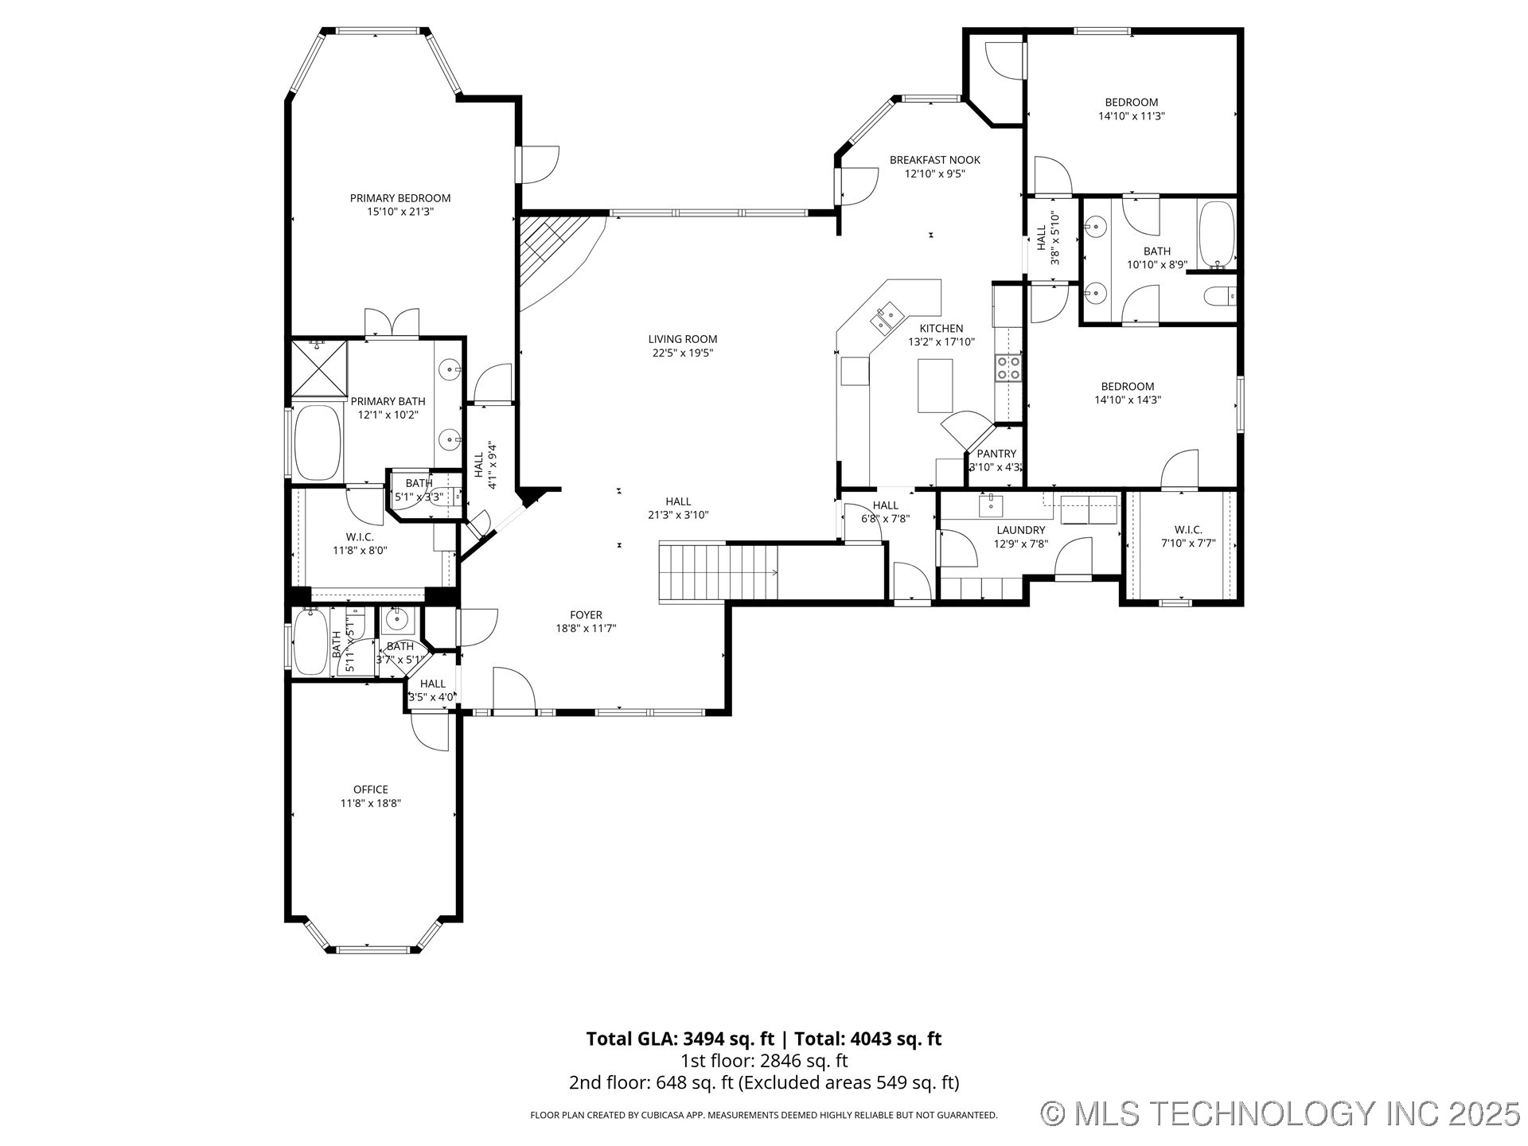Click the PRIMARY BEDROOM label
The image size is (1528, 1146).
[x=400, y=198]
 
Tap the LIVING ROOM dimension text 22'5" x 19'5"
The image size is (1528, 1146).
[x=682, y=353]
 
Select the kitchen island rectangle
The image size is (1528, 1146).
[x=935, y=385]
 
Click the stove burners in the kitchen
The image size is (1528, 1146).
[x=1009, y=368]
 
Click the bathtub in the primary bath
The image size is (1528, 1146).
[x=318, y=442]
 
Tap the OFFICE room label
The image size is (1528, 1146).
[x=371, y=789]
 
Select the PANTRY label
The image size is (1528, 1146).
[x=996, y=454]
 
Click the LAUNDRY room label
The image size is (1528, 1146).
[x=1020, y=530]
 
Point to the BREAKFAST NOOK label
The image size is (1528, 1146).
[x=934, y=160]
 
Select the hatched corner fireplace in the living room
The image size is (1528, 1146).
[x=549, y=247]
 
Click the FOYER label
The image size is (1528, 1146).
[x=586, y=614]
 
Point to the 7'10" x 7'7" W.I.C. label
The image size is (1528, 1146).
[x=1187, y=530]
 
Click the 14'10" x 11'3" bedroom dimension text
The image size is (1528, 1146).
[x=1131, y=116]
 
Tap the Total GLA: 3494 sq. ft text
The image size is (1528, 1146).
[x=680, y=1039]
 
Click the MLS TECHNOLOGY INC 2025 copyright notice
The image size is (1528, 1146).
[x=1280, y=1113]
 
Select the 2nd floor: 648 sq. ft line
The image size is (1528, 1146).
[x=764, y=1083]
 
